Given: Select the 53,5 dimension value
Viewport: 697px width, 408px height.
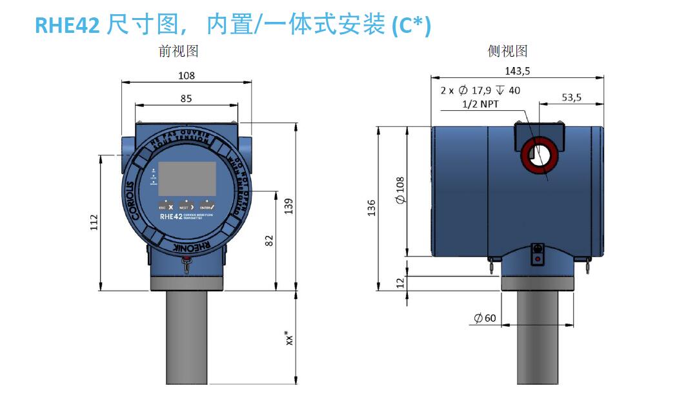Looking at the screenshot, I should pyautogui.click(x=572, y=97).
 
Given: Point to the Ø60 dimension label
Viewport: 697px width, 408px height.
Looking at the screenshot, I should pyautogui.click(x=485, y=318).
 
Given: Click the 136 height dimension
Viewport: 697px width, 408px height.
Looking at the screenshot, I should pyautogui.click(x=372, y=208).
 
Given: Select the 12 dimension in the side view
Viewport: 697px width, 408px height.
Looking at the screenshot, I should pyautogui.click(x=399, y=283).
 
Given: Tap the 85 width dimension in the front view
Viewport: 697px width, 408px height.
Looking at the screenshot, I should pyautogui.click(x=186, y=99).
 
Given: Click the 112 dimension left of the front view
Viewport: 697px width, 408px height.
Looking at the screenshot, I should pyautogui.click(x=94, y=222).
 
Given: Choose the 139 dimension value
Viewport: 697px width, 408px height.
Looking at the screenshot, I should pyautogui.click(x=288, y=205).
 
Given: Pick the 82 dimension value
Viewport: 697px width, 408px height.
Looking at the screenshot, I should pyautogui.click(x=269, y=240).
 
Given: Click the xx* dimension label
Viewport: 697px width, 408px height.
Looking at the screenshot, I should pyautogui.click(x=290, y=338).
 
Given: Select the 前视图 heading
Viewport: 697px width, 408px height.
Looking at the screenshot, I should pyautogui.click(x=179, y=52).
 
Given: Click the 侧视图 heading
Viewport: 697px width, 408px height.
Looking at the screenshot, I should pyautogui.click(x=507, y=52).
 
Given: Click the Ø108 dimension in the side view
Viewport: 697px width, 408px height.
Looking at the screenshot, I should pyautogui.click(x=400, y=191).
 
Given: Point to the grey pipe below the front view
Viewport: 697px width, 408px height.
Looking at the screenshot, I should pyautogui.click(x=187, y=338).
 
